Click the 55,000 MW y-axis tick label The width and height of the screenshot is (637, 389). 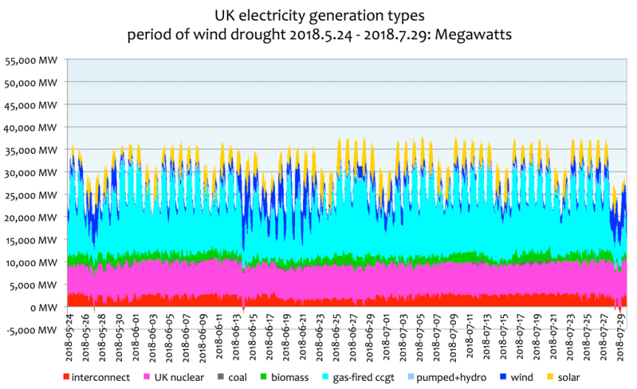click(x=31, y=60)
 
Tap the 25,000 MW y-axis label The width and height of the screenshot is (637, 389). click(x=31, y=195)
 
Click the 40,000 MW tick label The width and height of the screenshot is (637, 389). click(x=31, y=127)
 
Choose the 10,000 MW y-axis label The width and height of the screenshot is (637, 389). click(x=31, y=263)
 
